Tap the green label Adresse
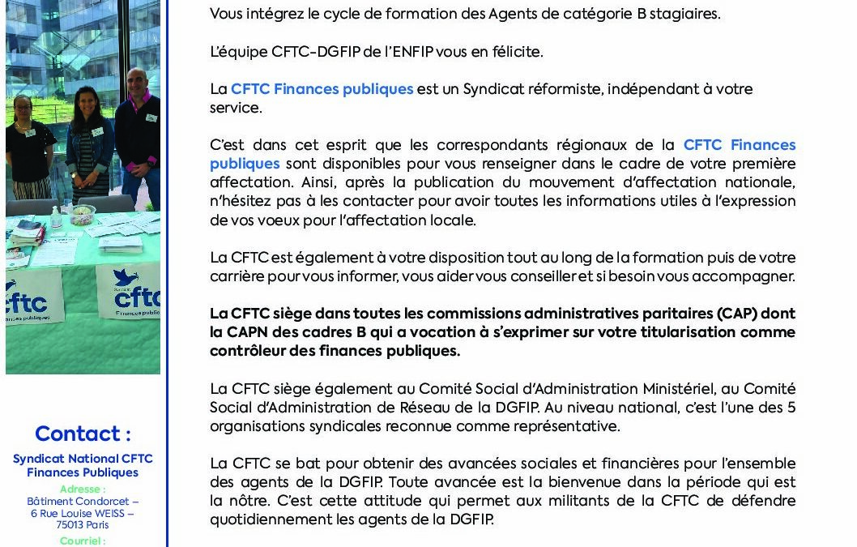click(x=82, y=489)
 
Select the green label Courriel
click(x=82, y=540)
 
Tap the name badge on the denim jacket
click(x=98, y=131)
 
